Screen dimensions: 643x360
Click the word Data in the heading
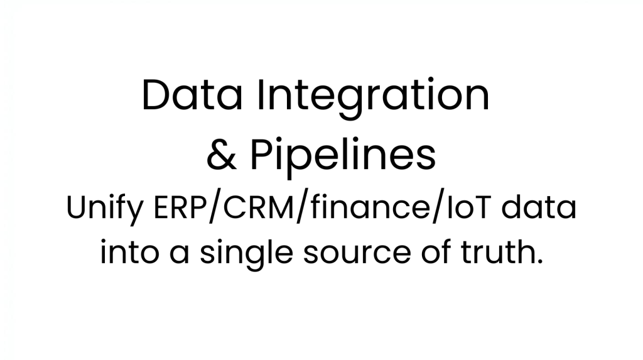pos(192,95)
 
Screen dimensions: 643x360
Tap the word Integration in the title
pos(373,98)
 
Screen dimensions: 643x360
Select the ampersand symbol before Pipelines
pos(222,155)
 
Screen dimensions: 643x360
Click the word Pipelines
pos(343,158)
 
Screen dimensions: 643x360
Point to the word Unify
pos(105,209)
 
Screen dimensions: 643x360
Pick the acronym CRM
pos(259,208)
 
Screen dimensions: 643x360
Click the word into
pos(129,251)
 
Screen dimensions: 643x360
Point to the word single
pos(246,254)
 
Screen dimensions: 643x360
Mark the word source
pos(357,254)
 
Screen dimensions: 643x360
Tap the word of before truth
pos(436,251)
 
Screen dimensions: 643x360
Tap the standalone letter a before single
pos(179,254)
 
